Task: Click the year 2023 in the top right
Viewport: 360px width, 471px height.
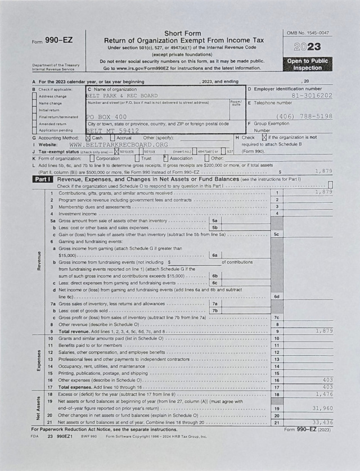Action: click(308, 47)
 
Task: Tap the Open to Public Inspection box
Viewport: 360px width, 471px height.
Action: click(308, 64)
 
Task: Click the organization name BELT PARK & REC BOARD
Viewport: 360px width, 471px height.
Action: click(122, 96)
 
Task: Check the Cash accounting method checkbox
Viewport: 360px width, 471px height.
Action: click(88, 138)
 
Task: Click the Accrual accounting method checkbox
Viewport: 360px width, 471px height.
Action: click(113, 138)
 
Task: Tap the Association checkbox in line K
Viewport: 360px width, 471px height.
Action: click(165, 158)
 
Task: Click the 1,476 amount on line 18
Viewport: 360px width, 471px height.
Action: click(324, 395)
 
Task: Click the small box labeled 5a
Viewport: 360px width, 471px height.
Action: click(215, 221)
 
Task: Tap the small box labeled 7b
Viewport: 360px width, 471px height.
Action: click(214, 310)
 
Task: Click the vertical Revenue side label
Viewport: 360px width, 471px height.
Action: click(38, 260)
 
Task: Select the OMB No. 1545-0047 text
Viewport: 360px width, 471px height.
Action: click(308, 34)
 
